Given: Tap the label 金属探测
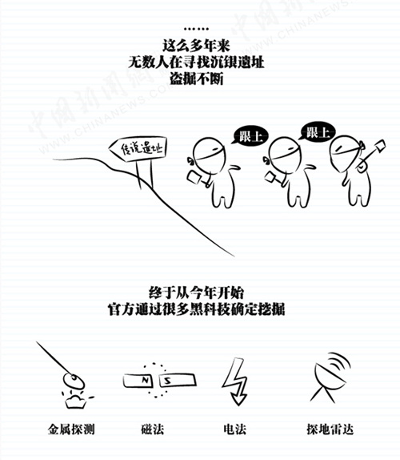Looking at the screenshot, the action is point(71,430).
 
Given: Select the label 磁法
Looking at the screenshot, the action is point(152,430).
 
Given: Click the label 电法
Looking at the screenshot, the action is point(234,430).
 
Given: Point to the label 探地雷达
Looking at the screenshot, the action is point(330,430).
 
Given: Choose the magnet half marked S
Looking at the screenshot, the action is point(178,380).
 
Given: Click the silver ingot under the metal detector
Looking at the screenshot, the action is point(76,401).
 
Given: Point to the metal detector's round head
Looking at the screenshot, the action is point(74,381).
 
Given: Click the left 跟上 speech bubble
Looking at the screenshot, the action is point(250,135).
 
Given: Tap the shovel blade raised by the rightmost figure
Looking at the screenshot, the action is point(379,146).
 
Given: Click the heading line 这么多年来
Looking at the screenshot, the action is point(196,46).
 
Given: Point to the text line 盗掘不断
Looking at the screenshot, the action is point(197,79).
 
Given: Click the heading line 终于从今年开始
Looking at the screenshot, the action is point(196,293).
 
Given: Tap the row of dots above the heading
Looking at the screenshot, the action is point(196,29).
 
